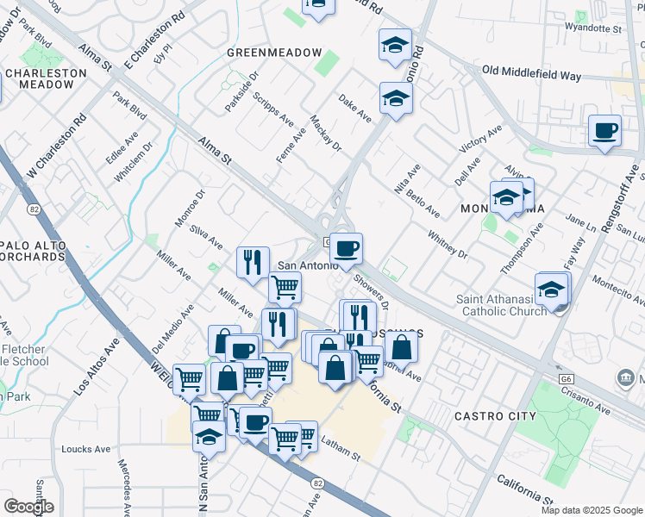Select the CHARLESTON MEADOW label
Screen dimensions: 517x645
pos(46,79)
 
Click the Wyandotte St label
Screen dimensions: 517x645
pos(593,29)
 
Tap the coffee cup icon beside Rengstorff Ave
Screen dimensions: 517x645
pos(604,131)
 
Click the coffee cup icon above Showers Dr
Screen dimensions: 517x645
pos(347,249)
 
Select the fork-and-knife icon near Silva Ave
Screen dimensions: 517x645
pos(253,261)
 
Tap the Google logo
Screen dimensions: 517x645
pos(28,506)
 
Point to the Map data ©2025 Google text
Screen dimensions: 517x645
pos(592,510)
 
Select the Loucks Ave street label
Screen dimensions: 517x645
pos(86,449)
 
